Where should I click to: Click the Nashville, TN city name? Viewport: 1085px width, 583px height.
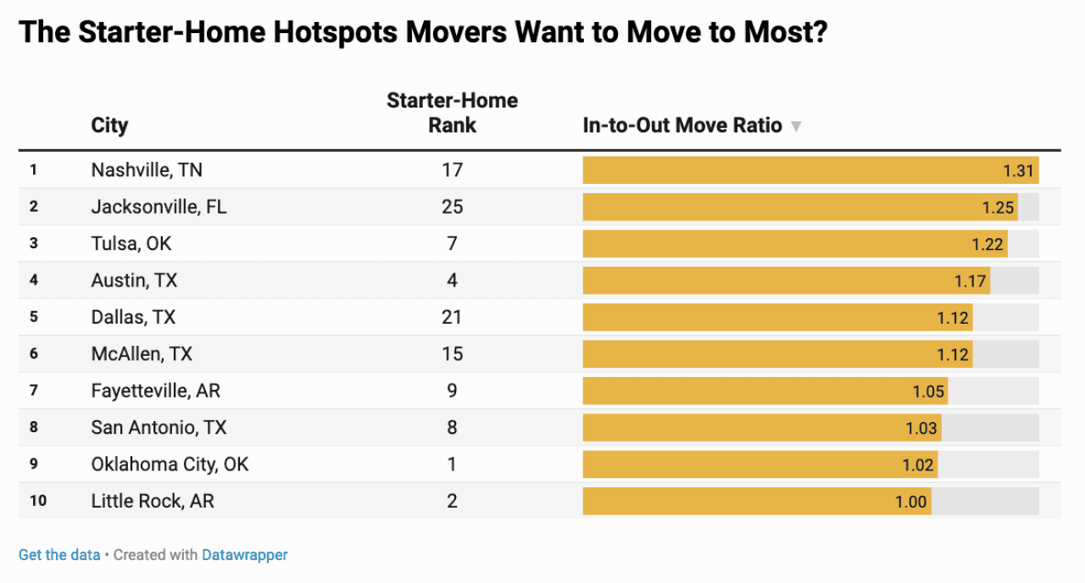tap(147, 170)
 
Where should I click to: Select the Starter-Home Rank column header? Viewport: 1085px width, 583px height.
tap(452, 113)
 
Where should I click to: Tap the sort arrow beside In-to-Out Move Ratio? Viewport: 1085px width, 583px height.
tap(795, 126)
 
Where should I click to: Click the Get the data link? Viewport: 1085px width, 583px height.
tap(59, 555)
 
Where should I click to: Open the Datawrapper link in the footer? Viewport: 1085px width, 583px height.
tap(244, 555)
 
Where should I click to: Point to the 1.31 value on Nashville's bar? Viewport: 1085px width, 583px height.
tap(1018, 170)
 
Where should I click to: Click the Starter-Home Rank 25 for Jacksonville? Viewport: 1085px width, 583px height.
tap(452, 207)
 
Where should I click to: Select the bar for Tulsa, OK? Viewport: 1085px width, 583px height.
tap(794, 244)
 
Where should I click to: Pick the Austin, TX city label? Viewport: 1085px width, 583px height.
tap(134, 280)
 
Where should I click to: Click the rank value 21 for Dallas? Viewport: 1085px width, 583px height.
tap(452, 317)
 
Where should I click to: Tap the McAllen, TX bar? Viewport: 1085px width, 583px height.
tap(776, 354)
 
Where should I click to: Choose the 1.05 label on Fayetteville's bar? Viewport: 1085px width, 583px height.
tap(927, 391)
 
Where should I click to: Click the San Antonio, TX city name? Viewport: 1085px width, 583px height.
tap(159, 428)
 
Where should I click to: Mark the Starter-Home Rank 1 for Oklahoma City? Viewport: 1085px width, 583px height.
tap(452, 464)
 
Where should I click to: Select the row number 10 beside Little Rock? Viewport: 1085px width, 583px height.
tap(38, 502)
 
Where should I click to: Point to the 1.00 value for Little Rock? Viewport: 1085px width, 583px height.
tap(910, 502)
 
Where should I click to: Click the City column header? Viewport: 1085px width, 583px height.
tap(109, 126)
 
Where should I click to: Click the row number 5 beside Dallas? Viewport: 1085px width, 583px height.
tap(34, 317)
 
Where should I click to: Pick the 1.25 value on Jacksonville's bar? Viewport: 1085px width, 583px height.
tap(998, 207)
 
